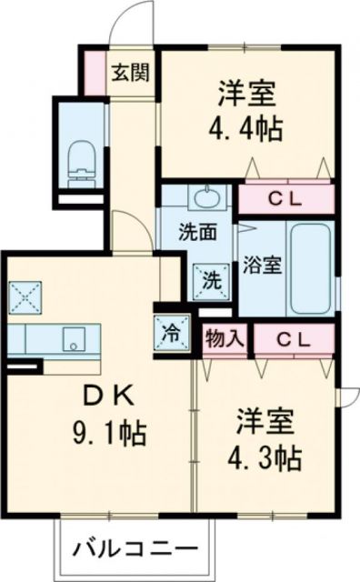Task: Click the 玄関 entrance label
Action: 131,72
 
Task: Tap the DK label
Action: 111,396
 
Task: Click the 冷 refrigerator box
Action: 172,332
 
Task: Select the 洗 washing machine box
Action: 211,279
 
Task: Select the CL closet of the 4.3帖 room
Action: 294,340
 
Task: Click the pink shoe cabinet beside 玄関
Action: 93,72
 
